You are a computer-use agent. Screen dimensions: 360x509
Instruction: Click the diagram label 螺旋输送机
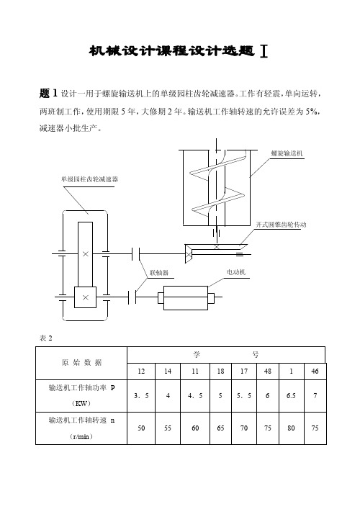pos(287,153)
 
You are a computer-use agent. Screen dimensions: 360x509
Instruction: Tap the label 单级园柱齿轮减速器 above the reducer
pos(89,179)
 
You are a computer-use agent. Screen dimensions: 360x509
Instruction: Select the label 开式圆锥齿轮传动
pos(281,225)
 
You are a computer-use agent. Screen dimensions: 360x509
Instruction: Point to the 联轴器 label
pos(159,273)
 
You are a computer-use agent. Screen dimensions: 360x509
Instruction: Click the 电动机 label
pos(236,272)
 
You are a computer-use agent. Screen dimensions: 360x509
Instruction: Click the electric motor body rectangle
pos(186,298)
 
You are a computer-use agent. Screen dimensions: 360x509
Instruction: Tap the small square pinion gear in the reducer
pos(86,297)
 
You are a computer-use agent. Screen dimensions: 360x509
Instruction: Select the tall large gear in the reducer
pos(85,255)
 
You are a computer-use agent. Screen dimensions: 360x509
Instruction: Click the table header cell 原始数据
pos(81,363)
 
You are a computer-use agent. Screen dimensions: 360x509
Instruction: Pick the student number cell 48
pos(268,371)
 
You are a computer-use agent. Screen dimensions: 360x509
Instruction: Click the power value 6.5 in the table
pos(291,396)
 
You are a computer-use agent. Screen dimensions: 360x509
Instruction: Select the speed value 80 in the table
pos(291,428)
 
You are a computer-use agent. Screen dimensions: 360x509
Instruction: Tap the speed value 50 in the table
pos(141,428)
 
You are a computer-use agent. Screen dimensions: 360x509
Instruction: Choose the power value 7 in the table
pos(315,396)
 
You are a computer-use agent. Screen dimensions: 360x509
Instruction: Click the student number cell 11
pos(195,371)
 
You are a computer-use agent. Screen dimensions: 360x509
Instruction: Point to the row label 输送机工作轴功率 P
pos(81,387)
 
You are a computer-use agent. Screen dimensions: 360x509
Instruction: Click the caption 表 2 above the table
pos(46,338)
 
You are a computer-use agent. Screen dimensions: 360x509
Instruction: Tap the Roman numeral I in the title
pos(264,51)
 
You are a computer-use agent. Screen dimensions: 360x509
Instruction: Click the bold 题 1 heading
pos(48,94)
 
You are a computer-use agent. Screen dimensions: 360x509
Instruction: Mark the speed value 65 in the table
pos(220,428)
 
